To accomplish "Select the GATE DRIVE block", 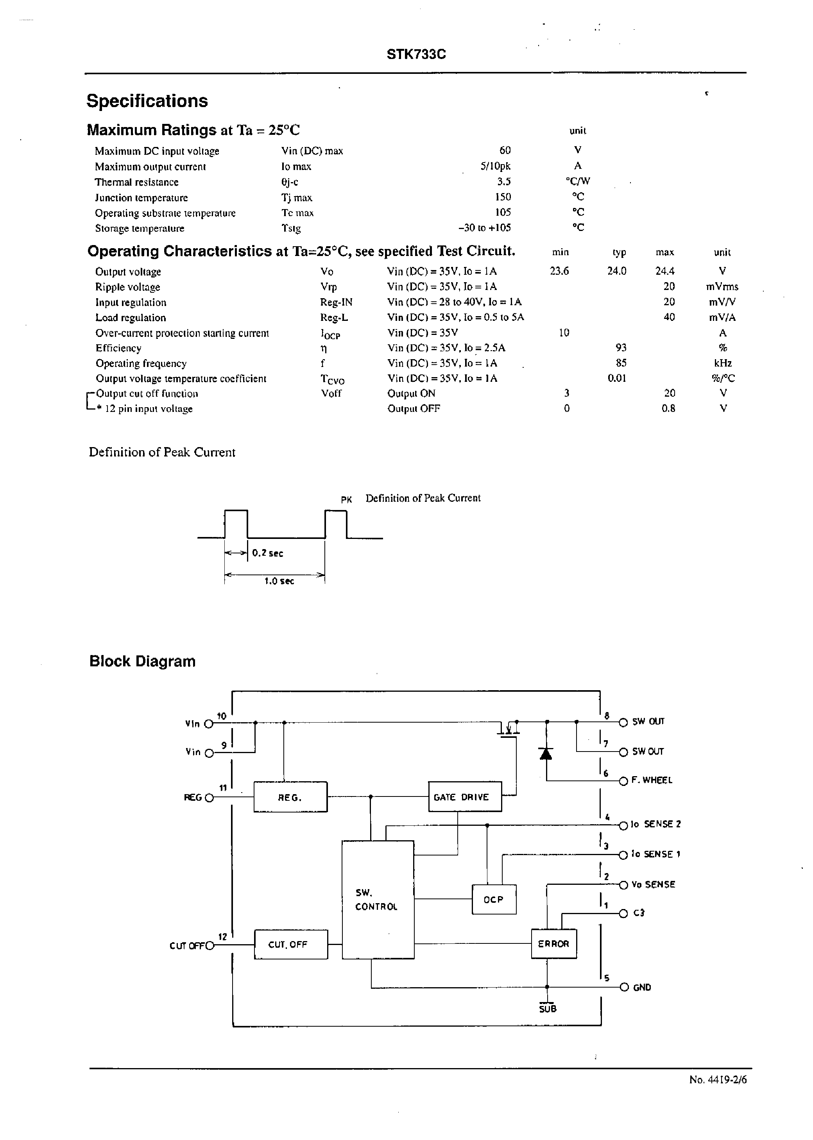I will point(465,797).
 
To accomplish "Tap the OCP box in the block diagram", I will point(494,899).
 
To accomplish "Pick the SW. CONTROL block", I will point(378,899).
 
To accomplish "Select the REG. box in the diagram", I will point(290,797).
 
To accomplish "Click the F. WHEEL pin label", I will point(652,780).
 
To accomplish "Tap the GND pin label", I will point(642,987).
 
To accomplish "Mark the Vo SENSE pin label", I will point(653,884).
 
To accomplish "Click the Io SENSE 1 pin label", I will point(655,854).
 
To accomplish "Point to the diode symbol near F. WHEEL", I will point(546,753).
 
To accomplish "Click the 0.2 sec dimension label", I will point(267,553).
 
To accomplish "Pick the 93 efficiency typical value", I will point(621,347).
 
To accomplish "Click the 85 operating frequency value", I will point(621,363).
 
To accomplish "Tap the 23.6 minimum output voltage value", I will point(559,271).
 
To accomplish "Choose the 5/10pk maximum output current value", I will point(495,166).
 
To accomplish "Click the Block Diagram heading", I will point(142,661).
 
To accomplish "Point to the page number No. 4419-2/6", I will point(717,1079).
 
